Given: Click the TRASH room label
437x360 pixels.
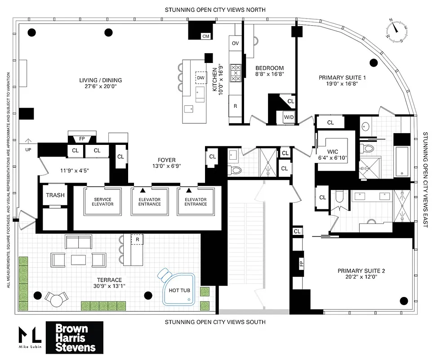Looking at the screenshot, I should tap(55, 195).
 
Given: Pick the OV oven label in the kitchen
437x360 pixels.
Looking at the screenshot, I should tap(235, 43).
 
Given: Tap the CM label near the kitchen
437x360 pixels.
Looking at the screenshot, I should tap(206, 36).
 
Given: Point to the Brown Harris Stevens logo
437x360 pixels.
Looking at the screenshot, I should tap(75, 337).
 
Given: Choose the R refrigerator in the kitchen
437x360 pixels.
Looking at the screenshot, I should tap(235, 106).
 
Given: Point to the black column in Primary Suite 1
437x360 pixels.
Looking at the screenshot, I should tap(373, 62).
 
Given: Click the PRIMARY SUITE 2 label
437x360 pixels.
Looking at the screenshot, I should tap(361, 271).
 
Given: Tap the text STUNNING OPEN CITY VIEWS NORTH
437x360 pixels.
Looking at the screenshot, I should tap(215, 9).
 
